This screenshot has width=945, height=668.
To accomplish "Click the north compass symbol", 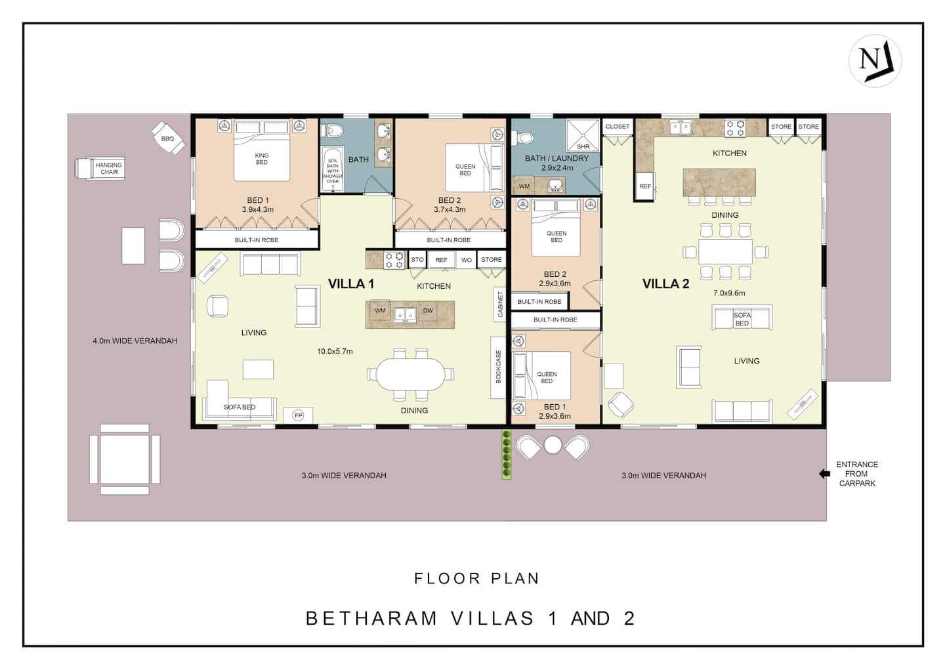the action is pyautogui.click(x=875, y=61).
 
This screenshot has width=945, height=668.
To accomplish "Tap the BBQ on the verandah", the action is pyautogui.click(x=168, y=138).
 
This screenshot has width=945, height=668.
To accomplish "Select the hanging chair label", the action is pyautogui.click(x=109, y=169).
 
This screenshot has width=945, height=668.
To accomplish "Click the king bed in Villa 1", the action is pyautogui.click(x=262, y=150).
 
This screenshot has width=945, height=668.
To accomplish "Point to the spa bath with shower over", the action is pyautogui.click(x=333, y=169).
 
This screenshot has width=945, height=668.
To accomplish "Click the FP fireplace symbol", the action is pyautogui.click(x=298, y=416).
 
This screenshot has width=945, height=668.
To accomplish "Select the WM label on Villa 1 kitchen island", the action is pyautogui.click(x=380, y=311).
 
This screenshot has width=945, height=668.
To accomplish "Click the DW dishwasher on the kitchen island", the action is pyautogui.click(x=428, y=311).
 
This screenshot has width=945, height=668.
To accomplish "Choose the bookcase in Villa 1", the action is pyautogui.click(x=498, y=367).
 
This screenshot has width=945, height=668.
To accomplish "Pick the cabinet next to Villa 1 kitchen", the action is pyautogui.click(x=500, y=304).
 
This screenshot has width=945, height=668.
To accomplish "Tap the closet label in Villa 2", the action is pyautogui.click(x=617, y=127).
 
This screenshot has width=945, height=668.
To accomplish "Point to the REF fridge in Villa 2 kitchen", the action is pyautogui.click(x=645, y=186).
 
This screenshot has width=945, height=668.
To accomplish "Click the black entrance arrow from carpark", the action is pyautogui.click(x=824, y=474).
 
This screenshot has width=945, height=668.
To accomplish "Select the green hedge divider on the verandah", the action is pyautogui.click(x=507, y=455).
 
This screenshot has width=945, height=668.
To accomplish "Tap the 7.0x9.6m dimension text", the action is pyautogui.click(x=729, y=293).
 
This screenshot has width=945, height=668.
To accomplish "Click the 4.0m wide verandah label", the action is pyautogui.click(x=135, y=341).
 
